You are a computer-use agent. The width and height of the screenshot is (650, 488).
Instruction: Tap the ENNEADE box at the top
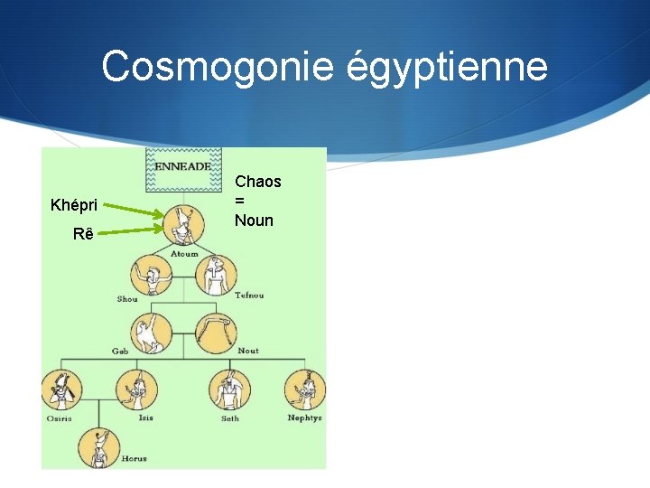(x=183, y=168)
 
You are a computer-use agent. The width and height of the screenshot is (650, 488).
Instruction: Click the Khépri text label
(x=74, y=205)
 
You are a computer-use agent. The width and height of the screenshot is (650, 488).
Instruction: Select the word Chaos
(x=258, y=182)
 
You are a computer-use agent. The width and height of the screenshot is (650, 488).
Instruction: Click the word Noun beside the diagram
(x=254, y=221)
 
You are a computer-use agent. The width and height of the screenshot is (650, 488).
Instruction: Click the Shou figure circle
(x=151, y=276)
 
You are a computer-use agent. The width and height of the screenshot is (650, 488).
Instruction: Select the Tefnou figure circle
(x=217, y=274)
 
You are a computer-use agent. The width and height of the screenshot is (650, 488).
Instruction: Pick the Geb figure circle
(x=151, y=331)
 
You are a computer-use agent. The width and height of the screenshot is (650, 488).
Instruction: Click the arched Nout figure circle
(x=217, y=331)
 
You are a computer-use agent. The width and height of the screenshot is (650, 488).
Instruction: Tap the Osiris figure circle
(x=61, y=391)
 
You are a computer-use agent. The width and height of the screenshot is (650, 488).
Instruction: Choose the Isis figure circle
(x=135, y=390)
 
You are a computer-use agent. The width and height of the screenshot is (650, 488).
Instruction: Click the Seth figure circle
(x=231, y=391)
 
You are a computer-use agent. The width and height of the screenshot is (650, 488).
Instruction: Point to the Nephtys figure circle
(x=305, y=390)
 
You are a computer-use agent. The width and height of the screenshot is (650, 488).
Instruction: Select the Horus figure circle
(x=98, y=447)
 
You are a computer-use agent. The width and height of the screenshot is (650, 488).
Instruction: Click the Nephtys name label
(x=304, y=418)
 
